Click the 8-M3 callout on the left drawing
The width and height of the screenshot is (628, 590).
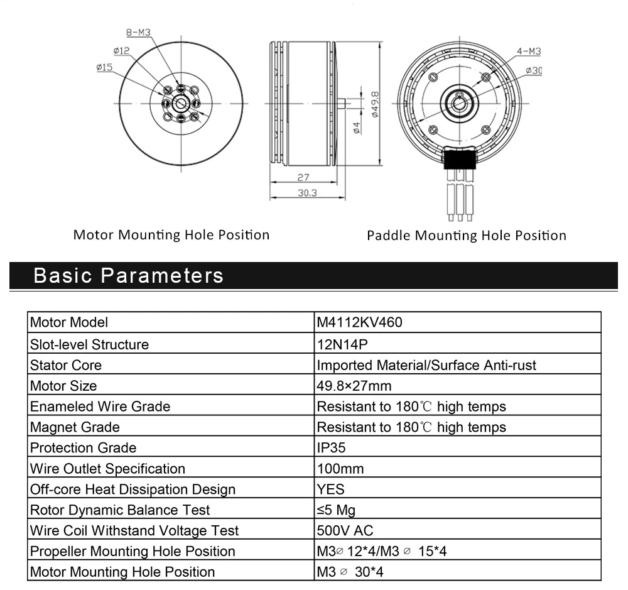(x=138, y=33)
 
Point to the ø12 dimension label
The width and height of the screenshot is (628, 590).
(x=121, y=50)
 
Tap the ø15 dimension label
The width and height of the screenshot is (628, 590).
(x=104, y=67)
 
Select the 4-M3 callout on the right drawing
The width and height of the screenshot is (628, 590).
(x=529, y=52)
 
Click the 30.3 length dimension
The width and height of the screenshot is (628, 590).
(x=307, y=193)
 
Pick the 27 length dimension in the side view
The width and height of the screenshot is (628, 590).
(x=303, y=177)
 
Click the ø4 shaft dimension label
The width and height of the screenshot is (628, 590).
(x=357, y=128)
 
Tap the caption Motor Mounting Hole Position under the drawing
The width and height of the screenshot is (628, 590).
(x=171, y=235)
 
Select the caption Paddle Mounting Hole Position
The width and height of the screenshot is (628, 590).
(x=467, y=236)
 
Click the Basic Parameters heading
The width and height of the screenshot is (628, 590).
(x=128, y=275)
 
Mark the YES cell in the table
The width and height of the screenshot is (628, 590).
(x=331, y=489)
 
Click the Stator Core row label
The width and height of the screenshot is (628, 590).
(x=66, y=364)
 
